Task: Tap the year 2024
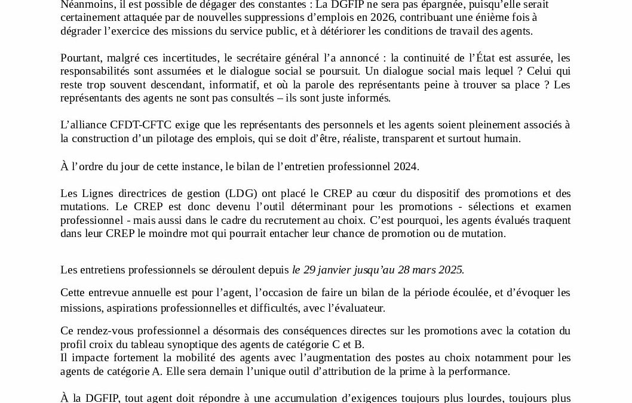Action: pyautogui.click(x=405, y=167)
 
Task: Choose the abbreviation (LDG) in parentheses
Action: pyautogui.click(x=243, y=193)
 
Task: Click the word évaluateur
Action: pyautogui.click(x=357, y=309)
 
